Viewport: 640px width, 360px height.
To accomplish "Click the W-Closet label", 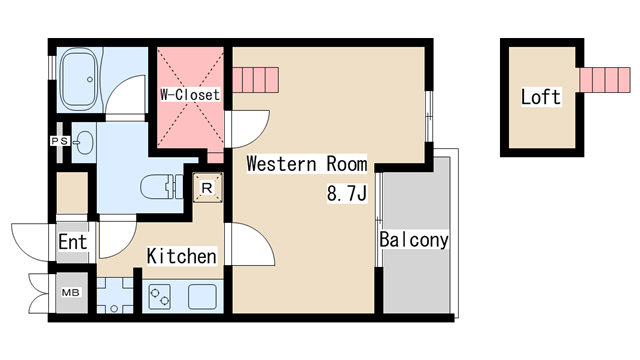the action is (x=190, y=95).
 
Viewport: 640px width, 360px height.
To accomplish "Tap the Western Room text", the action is (x=307, y=164).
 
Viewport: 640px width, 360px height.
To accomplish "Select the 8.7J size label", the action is (x=347, y=193).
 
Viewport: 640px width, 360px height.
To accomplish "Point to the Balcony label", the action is (x=414, y=240).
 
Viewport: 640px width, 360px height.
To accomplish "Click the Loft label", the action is (x=541, y=97).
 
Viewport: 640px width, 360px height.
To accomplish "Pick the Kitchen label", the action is (x=182, y=256).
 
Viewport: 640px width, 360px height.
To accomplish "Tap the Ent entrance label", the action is (x=73, y=242).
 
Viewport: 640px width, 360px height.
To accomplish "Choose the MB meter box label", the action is (x=71, y=293).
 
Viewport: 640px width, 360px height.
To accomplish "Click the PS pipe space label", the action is (x=60, y=141).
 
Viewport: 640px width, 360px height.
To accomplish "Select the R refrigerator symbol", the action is (x=208, y=188).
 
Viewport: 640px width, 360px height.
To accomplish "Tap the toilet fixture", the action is (x=162, y=187).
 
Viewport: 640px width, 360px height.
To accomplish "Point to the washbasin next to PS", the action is (x=84, y=143).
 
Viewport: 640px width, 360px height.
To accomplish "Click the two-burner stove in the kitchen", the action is (x=160, y=296).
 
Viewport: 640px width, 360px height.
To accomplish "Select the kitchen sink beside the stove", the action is (x=202, y=296).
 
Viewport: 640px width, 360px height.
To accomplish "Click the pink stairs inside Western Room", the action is (x=256, y=80).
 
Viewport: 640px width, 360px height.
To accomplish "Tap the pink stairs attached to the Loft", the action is (x=605, y=80).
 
